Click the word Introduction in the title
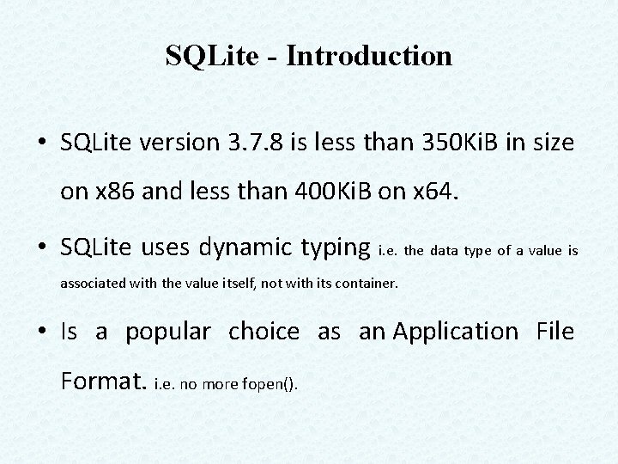[x=369, y=57]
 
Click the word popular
[x=167, y=332]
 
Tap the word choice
[x=264, y=332]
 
